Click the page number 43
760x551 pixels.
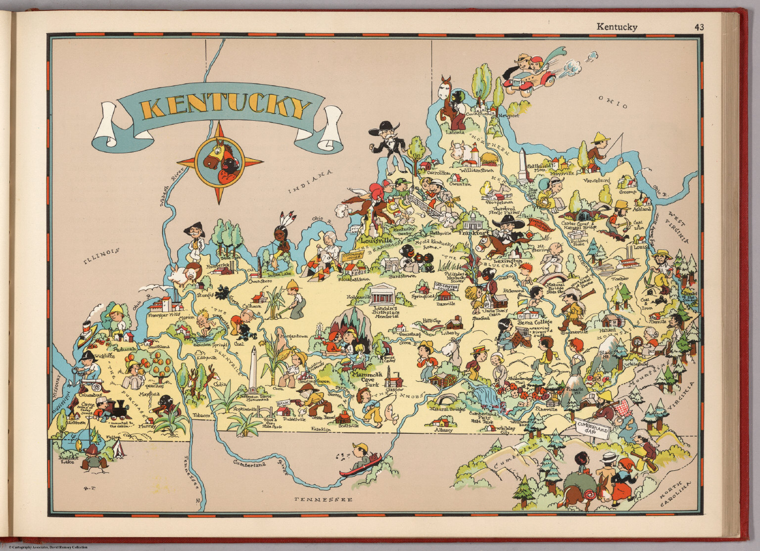pyautogui.click(x=699, y=27)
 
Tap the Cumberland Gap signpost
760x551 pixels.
pyautogui.click(x=591, y=426)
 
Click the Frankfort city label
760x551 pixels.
pyautogui.click(x=474, y=232)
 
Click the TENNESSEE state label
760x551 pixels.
pyautogui.click(x=324, y=500)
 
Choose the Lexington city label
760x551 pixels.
pyautogui.click(x=511, y=261)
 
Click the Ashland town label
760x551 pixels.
pyautogui.click(x=642, y=209)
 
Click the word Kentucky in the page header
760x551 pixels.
pyautogui.click(x=617, y=27)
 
